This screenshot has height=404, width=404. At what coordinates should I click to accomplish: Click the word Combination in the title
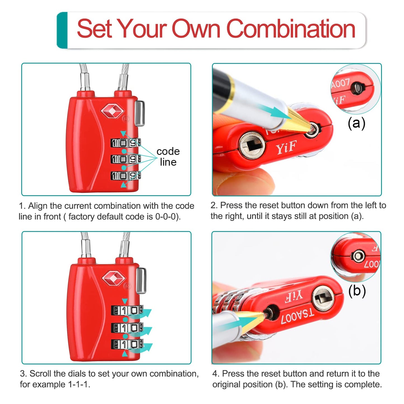291,29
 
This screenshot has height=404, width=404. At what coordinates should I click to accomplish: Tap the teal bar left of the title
62,30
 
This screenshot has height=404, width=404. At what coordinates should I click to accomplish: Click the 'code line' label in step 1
168,157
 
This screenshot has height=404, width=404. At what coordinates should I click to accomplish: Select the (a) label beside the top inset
356,123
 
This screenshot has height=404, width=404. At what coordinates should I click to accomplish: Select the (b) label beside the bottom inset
357,291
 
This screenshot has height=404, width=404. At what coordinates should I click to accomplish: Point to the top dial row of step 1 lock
126,143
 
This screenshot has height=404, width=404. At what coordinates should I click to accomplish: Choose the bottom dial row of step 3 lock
127,344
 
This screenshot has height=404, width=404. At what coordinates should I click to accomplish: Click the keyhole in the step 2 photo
252,145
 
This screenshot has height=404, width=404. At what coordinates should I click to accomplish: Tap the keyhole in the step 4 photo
323,298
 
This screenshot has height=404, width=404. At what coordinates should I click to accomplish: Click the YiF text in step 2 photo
286,148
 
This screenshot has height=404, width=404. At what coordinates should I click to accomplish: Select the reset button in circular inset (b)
358,256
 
